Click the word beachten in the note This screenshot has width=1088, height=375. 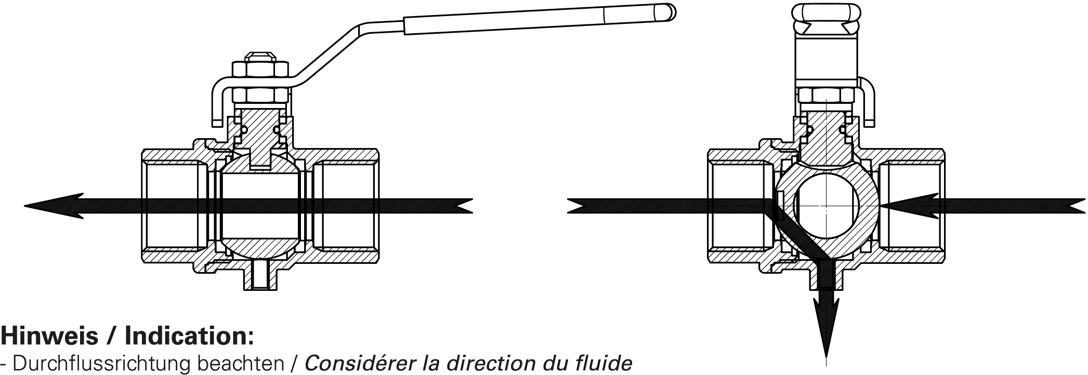pos(249,363)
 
